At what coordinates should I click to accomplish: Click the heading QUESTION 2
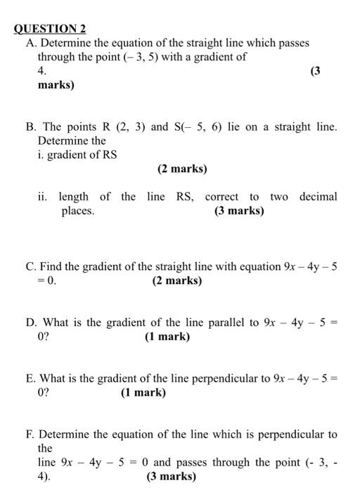(50, 29)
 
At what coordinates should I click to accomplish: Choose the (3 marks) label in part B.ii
(239, 211)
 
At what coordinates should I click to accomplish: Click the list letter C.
(30, 267)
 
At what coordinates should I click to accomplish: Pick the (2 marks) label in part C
(176, 281)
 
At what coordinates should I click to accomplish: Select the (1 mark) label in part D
(167, 337)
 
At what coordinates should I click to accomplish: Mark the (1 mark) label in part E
(143, 393)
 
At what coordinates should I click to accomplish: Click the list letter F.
(30, 434)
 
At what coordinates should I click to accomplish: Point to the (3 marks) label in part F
(171, 477)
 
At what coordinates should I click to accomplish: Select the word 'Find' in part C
(51, 267)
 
